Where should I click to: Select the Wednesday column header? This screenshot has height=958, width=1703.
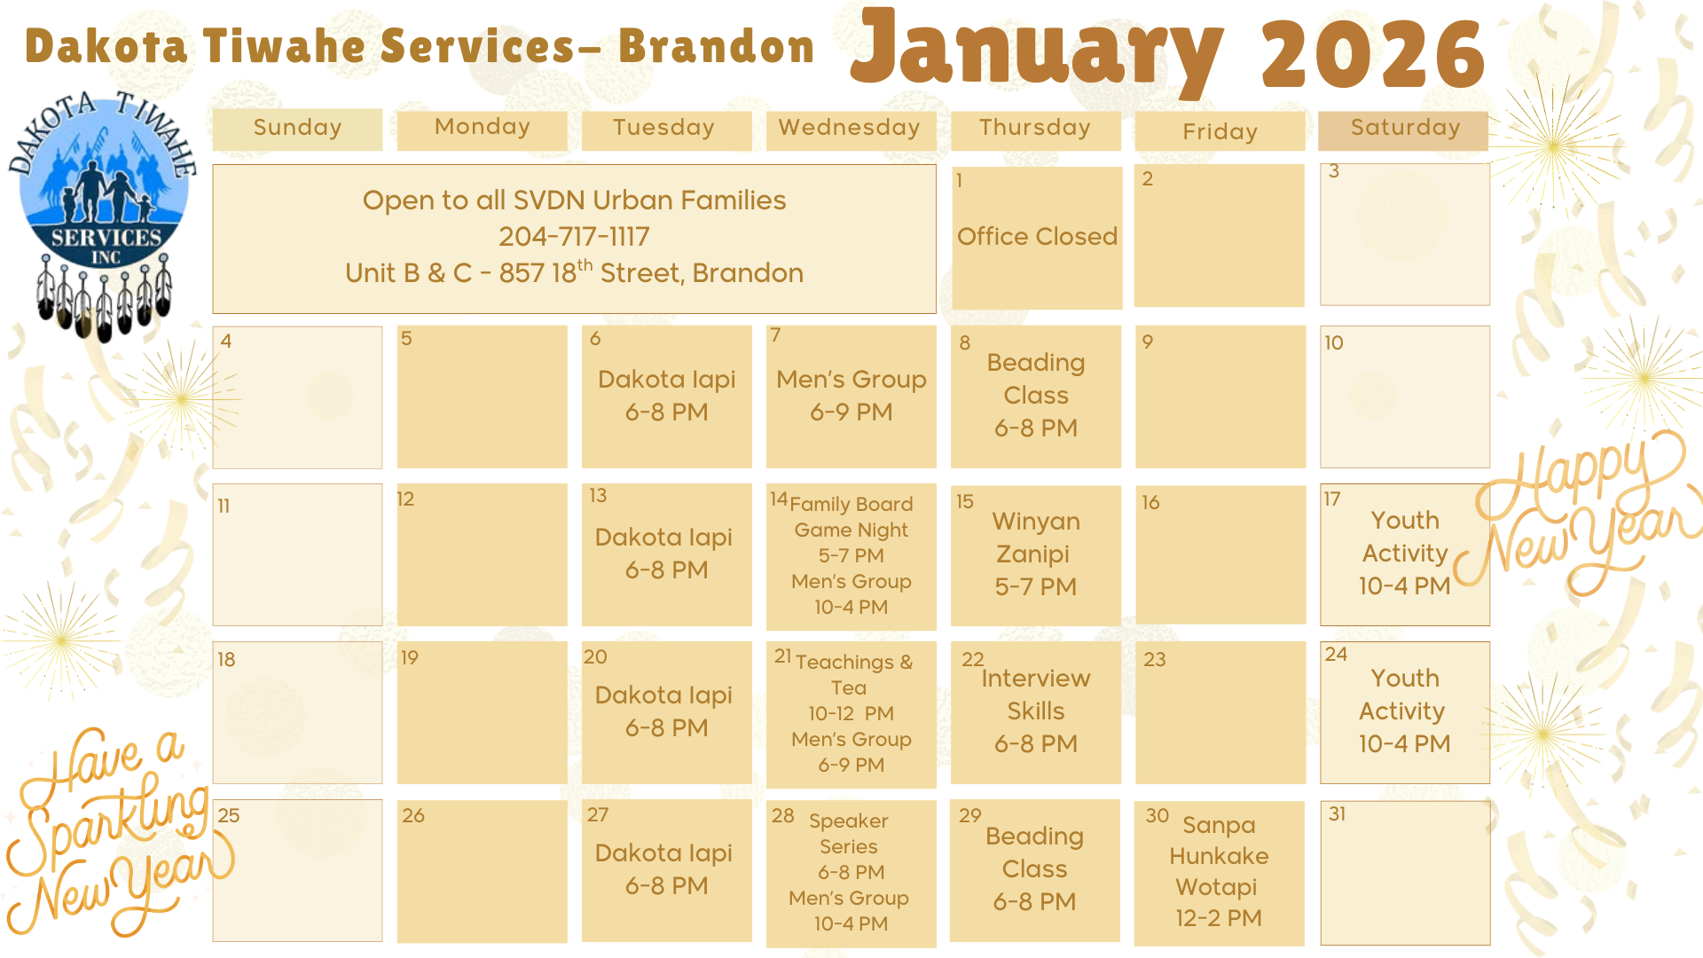(x=851, y=129)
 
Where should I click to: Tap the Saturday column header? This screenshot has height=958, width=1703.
(x=1404, y=129)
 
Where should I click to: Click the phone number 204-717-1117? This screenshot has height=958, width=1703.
(x=574, y=237)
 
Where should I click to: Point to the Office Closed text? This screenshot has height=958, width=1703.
(x=1037, y=237)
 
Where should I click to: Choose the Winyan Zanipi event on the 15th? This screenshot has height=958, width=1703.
(x=1035, y=554)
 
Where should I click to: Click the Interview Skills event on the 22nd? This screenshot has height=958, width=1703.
(x=1035, y=711)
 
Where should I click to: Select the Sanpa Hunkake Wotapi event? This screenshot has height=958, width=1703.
(x=1219, y=871)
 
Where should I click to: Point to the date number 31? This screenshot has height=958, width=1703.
(x=1337, y=813)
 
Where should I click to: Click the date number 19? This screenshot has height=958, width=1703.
(x=409, y=657)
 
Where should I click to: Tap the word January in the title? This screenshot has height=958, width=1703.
(x=1037, y=51)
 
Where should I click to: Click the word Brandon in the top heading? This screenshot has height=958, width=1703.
(x=716, y=46)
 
